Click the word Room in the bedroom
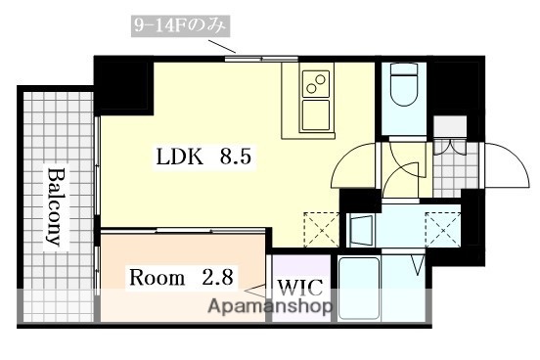[x=157, y=277]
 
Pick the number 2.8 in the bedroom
[x=218, y=277]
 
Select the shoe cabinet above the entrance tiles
[x=449, y=126]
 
